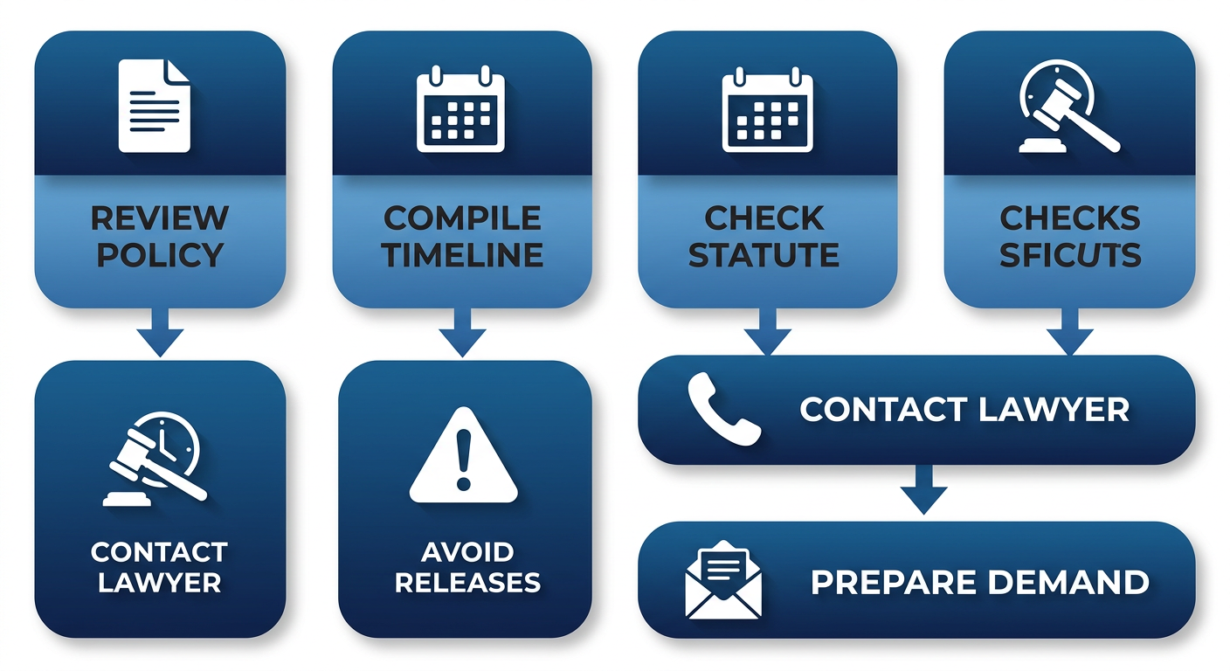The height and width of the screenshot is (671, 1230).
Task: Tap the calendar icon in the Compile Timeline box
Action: tap(461, 111)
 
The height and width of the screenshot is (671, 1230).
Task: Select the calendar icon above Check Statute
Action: tap(767, 111)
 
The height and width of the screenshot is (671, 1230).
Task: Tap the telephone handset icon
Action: tap(724, 409)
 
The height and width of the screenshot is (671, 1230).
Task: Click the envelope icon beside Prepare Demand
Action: tap(723, 580)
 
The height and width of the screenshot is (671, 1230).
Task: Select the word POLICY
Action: tap(160, 254)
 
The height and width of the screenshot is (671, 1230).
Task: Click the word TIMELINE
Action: tap(462, 254)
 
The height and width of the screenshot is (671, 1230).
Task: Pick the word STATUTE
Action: tap(764, 254)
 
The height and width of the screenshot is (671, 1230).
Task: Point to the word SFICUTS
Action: tap(1070, 254)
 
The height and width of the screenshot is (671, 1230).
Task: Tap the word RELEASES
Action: tap(467, 582)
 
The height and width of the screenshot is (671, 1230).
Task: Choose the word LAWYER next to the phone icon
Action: tap(1045, 409)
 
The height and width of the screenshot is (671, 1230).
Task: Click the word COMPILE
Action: tap(462, 218)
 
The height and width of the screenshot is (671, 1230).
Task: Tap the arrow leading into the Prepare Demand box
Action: tap(923, 491)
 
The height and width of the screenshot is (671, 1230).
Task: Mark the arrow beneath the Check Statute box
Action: tap(767, 333)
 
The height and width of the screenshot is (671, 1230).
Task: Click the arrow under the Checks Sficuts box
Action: tap(1069, 333)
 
